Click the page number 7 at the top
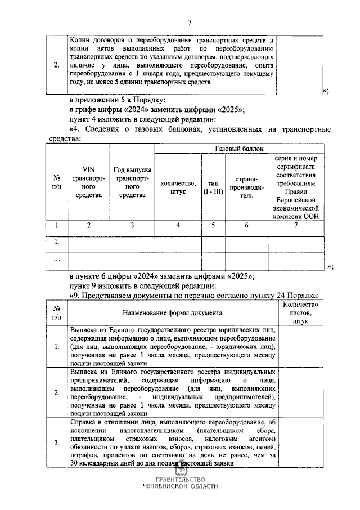click(190, 23)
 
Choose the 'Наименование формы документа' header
click(172, 312)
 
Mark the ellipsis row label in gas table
click(56, 261)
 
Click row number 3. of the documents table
click(56, 442)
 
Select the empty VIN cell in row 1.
click(88, 243)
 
